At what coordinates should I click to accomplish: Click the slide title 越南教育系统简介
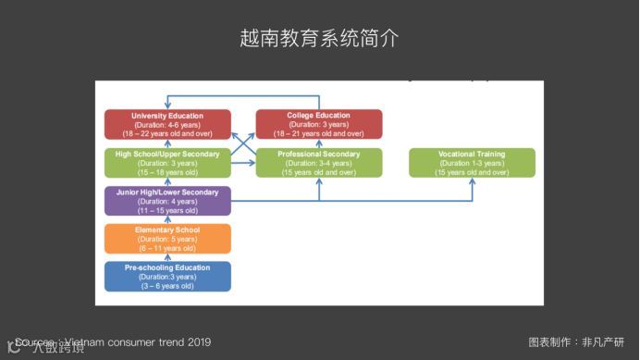coord(319,39)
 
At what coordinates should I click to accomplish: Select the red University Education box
coord(167,124)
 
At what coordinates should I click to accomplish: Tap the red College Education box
coord(319,124)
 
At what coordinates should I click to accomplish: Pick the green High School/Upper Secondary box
coord(167,162)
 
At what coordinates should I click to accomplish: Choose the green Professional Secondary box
coord(319,162)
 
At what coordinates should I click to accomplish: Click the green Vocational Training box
coord(472,162)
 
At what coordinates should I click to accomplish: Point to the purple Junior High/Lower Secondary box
coord(167,201)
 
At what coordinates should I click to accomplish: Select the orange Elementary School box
coord(167,239)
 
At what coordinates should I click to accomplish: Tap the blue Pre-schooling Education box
coord(167,277)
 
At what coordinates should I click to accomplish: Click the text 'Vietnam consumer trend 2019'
coord(139,342)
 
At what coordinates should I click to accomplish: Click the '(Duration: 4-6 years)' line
coord(167,124)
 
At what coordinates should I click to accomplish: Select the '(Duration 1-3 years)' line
coord(472,163)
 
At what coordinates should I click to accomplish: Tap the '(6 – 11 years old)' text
coord(167,248)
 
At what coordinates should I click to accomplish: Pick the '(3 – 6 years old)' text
coord(167,286)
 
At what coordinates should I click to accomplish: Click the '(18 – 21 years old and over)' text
coord(319,133)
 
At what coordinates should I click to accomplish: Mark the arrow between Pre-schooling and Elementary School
coord(167,258)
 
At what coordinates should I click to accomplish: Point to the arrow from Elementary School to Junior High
coord(167,220)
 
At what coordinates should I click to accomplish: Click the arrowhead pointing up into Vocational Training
coord(472,181)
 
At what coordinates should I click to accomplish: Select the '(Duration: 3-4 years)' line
coord(319,163)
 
